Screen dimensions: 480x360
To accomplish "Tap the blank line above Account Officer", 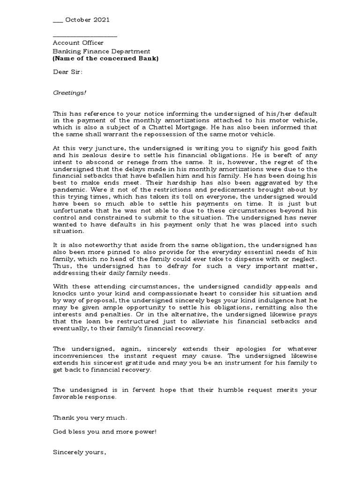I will pyautogui.click(x=85, y=36).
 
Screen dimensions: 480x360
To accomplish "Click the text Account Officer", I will pyautogui.click(x=78, y=43).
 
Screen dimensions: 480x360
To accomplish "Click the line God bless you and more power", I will pyautogui.click(x=105, y=431).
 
